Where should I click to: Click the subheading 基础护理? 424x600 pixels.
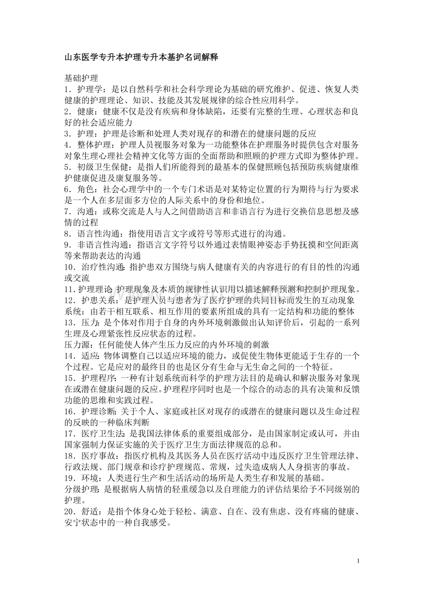tap(81, 78)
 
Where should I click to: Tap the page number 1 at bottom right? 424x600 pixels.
tap(358, 561)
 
